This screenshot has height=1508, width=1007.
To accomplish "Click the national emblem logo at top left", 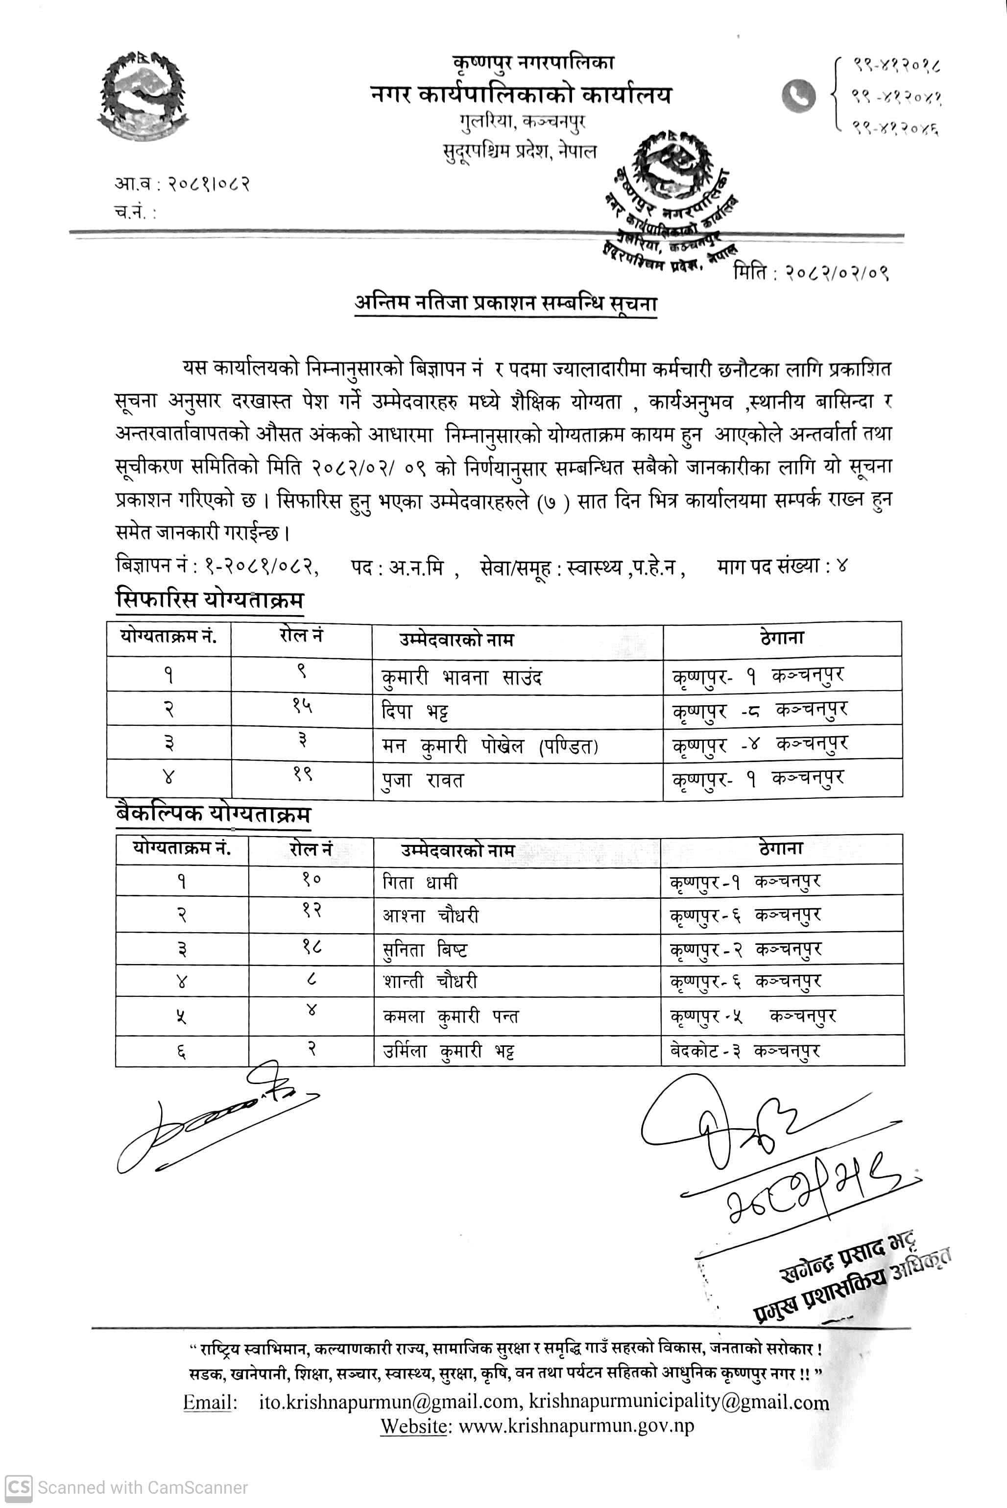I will [x=143, y=95].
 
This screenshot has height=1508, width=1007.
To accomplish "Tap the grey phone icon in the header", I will [x=798, y=95].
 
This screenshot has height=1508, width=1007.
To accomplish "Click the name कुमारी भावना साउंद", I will [x=461, y=677].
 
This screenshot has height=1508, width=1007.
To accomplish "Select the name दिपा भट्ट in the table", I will [x=414, y=712].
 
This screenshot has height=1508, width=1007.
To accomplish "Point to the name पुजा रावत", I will [x=422, y=781].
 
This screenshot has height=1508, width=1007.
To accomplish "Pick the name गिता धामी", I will [x=420, y=882].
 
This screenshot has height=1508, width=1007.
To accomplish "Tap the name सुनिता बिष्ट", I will [x=425, y=949].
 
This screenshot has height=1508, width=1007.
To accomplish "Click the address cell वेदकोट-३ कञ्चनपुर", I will [x=745, y=1051].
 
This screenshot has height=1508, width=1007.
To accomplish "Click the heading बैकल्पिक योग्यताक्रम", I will [x=213, y=814].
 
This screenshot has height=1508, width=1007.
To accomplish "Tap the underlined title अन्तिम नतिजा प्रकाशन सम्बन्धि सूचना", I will [x=506, y=302].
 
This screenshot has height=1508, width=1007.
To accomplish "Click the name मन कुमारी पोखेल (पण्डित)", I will [x=489, y=746].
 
